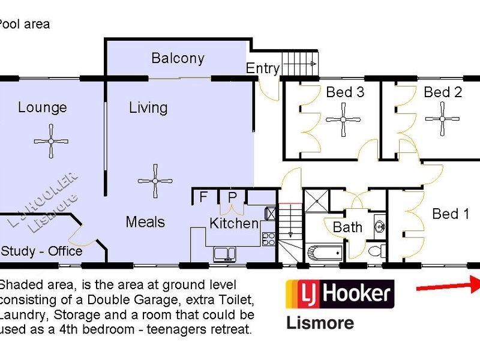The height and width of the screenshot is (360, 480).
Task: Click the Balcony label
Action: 178,58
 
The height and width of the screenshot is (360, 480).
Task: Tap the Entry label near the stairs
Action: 263,68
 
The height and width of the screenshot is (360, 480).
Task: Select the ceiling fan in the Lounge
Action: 51,141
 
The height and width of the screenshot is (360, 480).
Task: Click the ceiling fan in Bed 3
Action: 343,119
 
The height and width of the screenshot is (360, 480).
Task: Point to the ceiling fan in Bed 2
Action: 442,119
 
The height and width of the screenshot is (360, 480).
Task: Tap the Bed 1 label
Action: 451,214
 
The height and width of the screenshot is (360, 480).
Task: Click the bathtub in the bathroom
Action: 323,252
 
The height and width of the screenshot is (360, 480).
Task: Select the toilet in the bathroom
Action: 376,251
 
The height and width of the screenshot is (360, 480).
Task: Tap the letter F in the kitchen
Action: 203,197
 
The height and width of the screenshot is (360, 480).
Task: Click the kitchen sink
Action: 224,253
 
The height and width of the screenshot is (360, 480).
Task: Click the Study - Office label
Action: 41,250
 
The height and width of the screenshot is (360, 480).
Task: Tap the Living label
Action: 148,107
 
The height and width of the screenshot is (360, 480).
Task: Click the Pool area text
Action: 24,25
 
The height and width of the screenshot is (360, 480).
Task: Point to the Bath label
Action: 347,227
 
